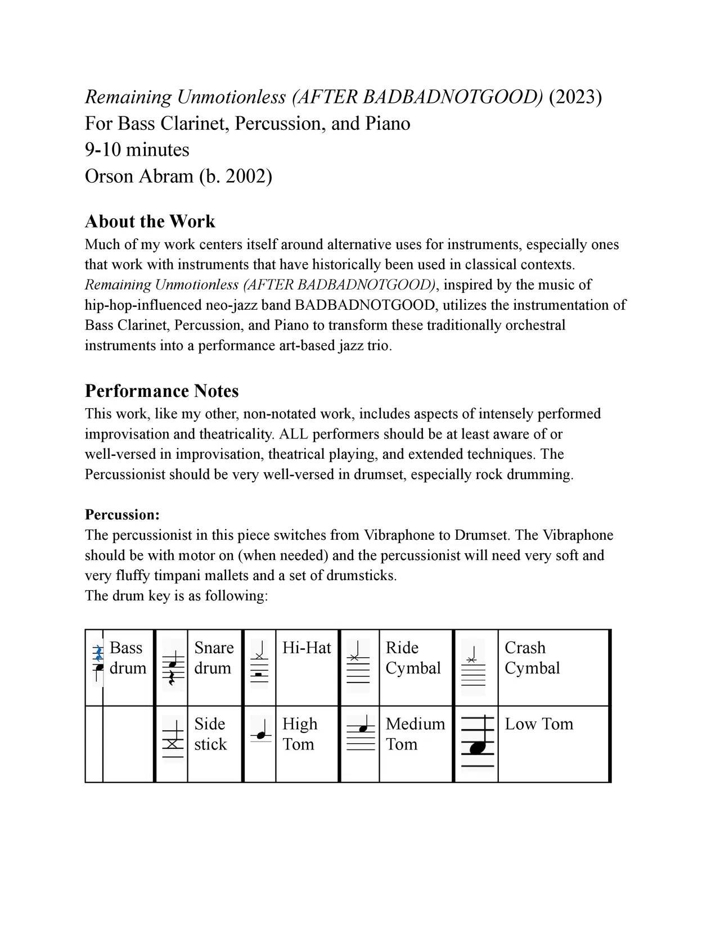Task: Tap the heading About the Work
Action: click(150, 222)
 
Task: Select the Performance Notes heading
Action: click(161, 391)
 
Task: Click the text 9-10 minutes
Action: click(137, 150)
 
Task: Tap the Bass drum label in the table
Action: click(128, 658)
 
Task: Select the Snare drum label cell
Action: click(213, 658)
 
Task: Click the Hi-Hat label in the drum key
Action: click(307, 648)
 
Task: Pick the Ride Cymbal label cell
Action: click(413, 658)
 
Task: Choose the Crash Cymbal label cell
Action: click(532, 658)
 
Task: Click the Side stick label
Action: click(210, 734)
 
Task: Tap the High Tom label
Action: click(299, 734)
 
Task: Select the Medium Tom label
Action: click(415, 734)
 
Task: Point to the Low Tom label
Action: click(539, 724)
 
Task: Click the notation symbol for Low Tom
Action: click(477, 742)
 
